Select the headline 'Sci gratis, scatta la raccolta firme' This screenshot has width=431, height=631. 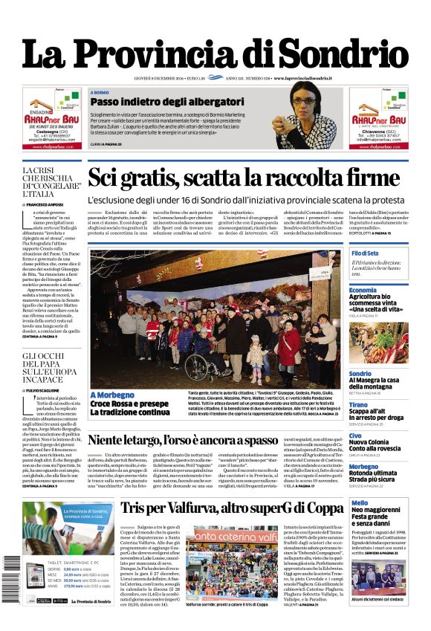click(x=244, y=178)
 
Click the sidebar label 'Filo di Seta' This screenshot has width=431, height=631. click(x=366, y=254)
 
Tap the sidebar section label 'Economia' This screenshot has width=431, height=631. click(x=363, y=290)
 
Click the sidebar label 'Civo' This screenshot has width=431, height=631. click(x=356, y=436)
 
